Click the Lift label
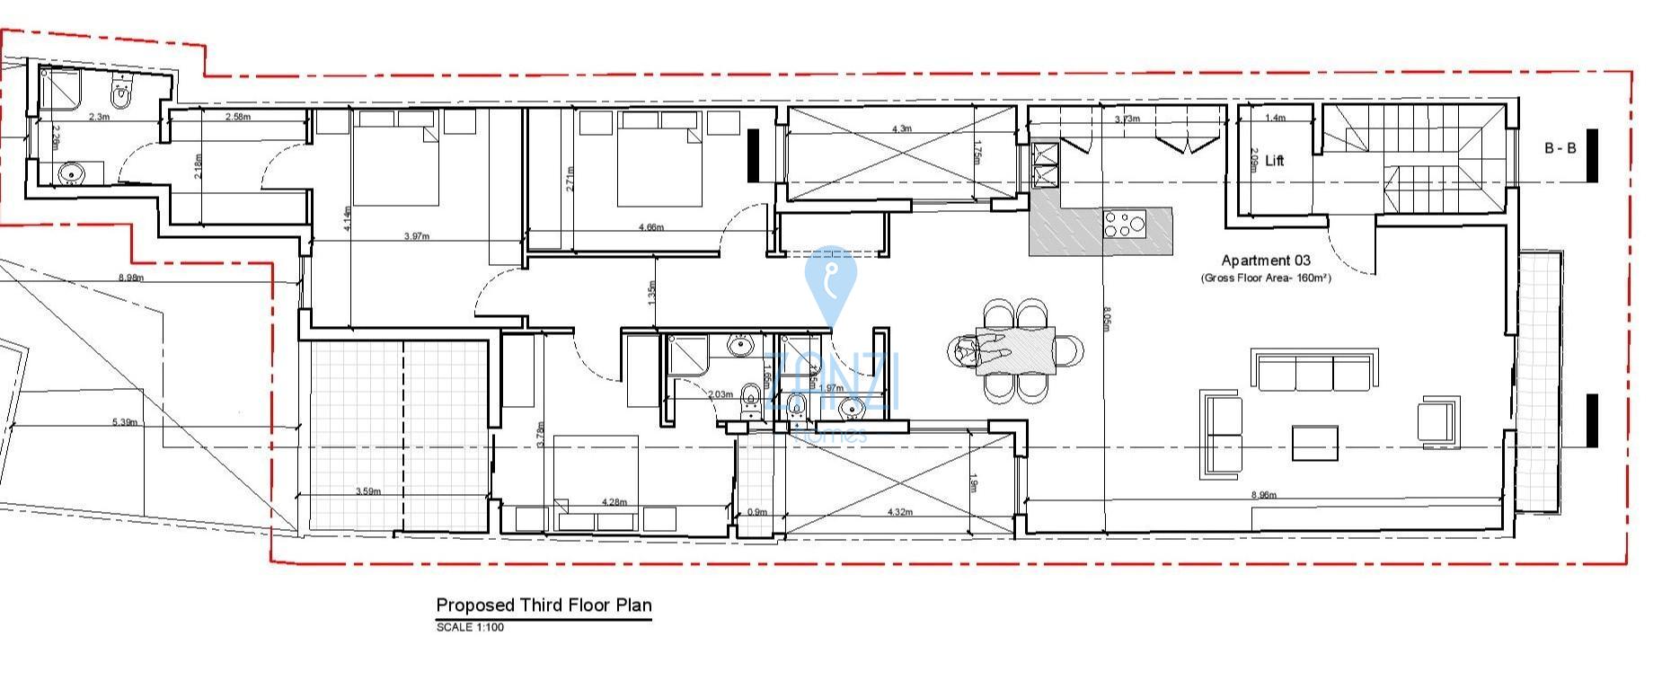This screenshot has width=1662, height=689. coord(1274,161)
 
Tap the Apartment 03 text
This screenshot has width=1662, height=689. coord(1266,261)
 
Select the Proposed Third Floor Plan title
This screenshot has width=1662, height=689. coord(544,605)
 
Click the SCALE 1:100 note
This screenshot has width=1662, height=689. coord(470,627)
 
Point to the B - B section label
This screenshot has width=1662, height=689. coord(1560,149)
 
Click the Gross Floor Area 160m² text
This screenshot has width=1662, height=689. coord(1266,278)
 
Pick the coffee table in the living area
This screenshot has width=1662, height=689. coord(1315,442)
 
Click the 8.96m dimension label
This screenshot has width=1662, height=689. coord(1264,495)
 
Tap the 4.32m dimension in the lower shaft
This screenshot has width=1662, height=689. coord(899,512)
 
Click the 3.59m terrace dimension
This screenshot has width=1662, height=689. coord(367,491)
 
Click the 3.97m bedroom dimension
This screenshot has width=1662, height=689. coord(417,236)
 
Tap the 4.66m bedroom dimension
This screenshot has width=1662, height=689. coord(650,227)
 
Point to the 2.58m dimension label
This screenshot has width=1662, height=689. coord(238,117)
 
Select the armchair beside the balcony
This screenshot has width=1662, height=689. coord(1438,420)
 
